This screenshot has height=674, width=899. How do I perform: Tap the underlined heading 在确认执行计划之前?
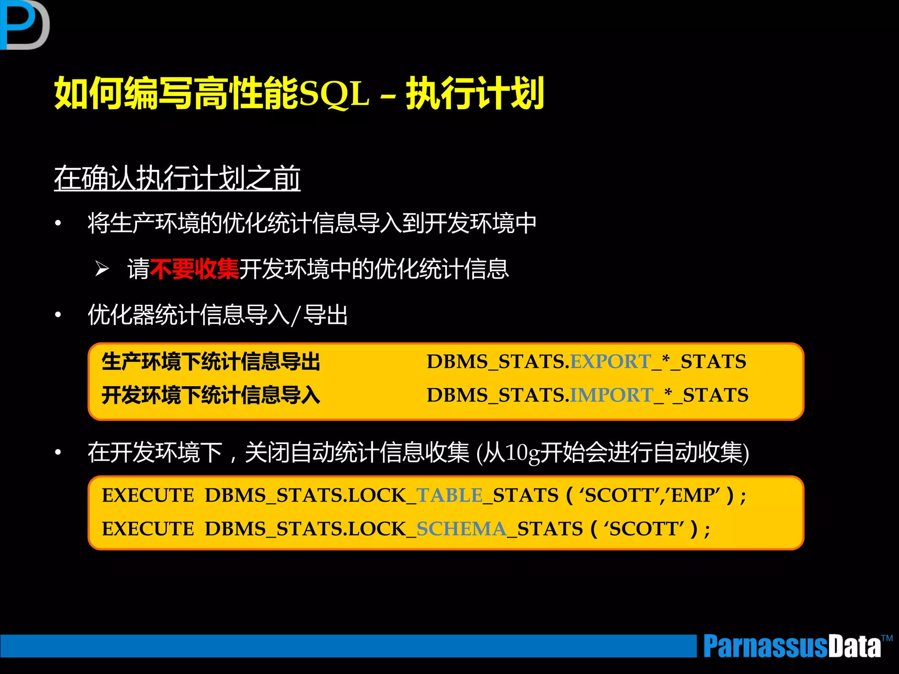point(177,178)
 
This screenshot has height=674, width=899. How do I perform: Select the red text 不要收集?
point(194,269)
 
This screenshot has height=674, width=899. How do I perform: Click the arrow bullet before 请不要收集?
point(102,269)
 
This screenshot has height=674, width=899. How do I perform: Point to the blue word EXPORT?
point(611,362)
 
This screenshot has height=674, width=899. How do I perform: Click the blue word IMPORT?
point(611,395)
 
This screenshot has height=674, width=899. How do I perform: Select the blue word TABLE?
point(449,495)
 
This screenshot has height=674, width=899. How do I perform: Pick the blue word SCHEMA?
point(461,529)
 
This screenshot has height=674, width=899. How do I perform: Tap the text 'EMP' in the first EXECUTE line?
point(695,495)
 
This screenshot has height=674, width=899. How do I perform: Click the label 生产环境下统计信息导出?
point(211,362)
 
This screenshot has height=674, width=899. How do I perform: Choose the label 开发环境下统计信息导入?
point(211,395)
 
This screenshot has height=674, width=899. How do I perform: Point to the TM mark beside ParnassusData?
point(887,638)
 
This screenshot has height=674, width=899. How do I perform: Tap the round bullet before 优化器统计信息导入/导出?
point(58,315)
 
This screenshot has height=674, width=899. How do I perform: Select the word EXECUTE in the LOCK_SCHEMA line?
point(147,529)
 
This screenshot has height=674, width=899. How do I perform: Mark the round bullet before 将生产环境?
point(58,223)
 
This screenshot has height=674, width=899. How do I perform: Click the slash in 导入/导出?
point(296,315)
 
